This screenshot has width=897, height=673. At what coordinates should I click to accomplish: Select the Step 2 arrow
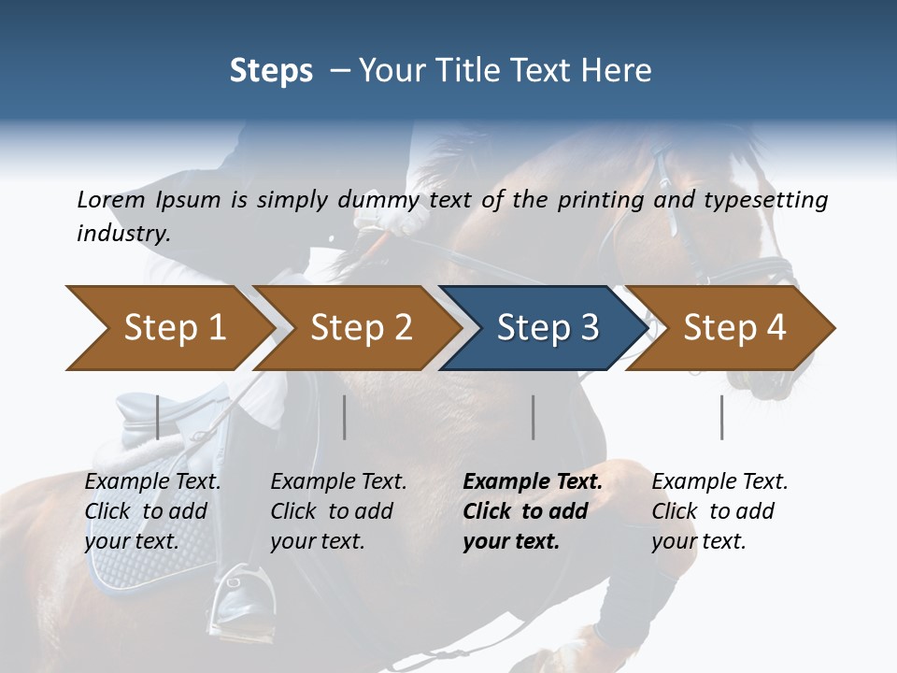(360, 328)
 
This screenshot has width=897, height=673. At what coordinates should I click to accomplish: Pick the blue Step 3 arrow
(547, 328)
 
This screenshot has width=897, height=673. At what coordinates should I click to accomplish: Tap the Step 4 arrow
(734, 328)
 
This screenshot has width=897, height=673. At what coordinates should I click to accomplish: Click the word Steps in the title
(271, 71)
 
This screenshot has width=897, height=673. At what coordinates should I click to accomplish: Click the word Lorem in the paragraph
(110, 200)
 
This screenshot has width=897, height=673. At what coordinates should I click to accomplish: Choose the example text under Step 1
(152, 511)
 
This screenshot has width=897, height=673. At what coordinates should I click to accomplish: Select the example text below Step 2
(338, 511)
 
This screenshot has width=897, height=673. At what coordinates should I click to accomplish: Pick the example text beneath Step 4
(719, 511)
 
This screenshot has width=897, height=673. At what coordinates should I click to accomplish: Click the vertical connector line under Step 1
(157, 417)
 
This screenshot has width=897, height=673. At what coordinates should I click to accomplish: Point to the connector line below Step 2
(345, 417)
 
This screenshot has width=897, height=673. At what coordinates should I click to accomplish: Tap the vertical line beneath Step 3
(534, 417)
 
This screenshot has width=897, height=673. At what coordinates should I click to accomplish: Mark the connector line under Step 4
(722, 417)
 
